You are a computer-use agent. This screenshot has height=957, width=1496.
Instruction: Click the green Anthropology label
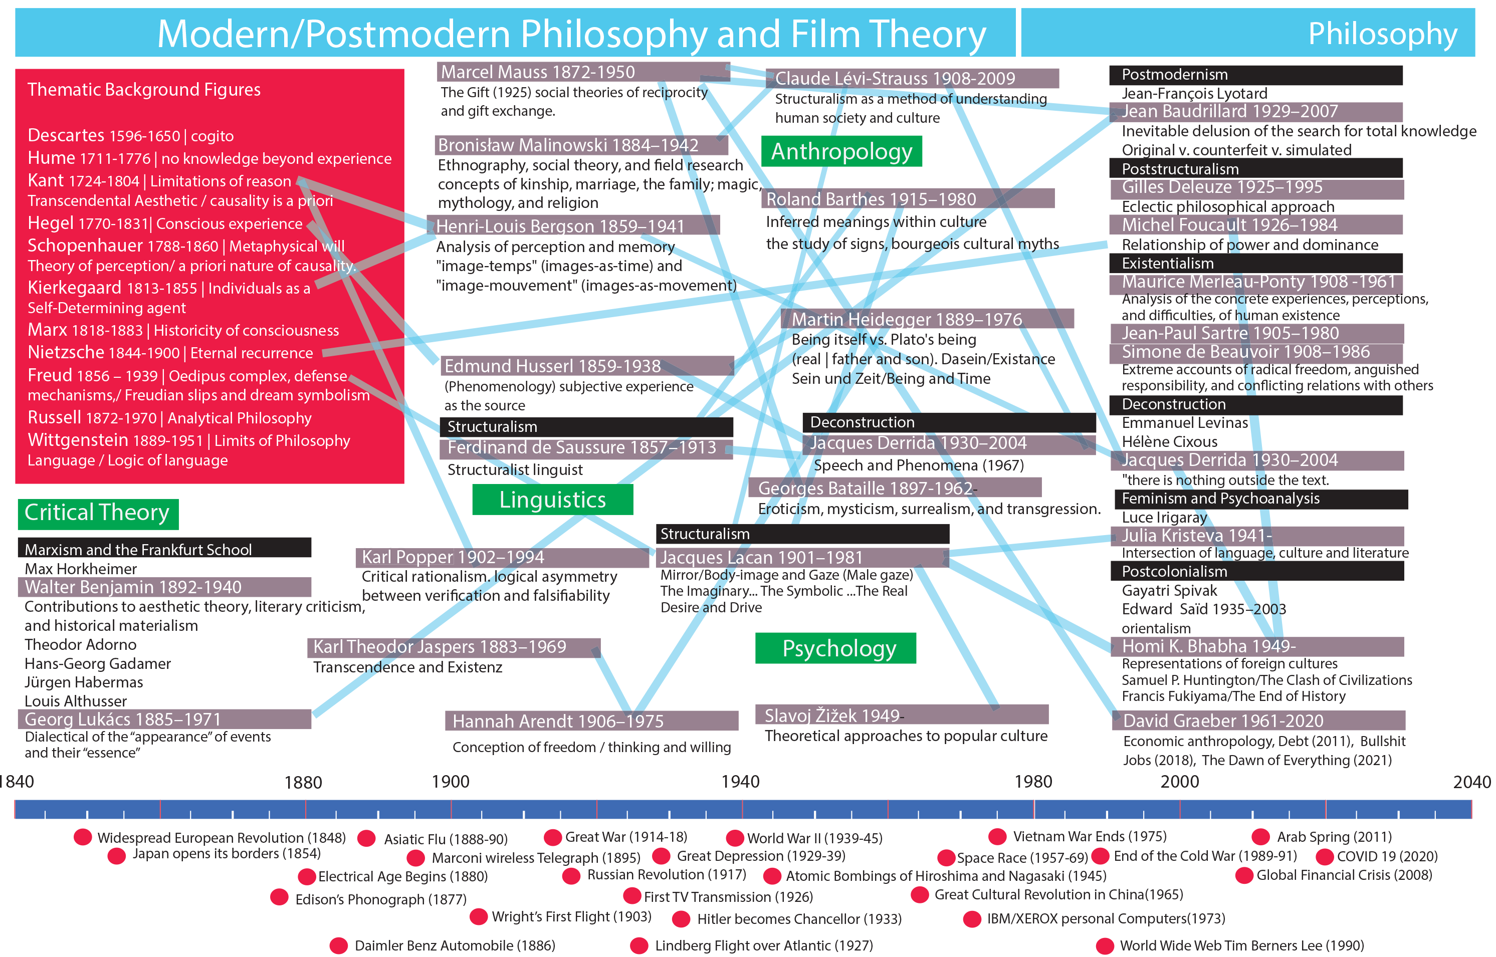pos(841,152)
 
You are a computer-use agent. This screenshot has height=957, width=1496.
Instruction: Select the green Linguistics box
pos(552,500)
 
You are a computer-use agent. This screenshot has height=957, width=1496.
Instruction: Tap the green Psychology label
pos(835,648)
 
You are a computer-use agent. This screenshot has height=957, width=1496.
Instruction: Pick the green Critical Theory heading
pos(98,513)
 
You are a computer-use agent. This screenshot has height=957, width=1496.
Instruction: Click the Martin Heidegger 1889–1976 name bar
pos(927,319)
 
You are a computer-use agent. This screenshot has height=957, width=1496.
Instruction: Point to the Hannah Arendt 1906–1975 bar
pos(591,721)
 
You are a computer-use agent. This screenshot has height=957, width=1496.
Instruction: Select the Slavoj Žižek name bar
pos(901,715)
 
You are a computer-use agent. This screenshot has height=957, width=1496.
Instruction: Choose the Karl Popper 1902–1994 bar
pos(502,557)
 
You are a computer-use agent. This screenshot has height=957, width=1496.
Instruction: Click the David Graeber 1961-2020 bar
pos(1258,720)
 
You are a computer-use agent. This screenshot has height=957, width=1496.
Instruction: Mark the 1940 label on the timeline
pos(740,782)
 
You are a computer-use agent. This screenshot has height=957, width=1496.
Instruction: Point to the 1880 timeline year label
pos(303,782)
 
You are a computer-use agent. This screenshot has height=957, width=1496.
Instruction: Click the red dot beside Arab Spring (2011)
pos(1260,836)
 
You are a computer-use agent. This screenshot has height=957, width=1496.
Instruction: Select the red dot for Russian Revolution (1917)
pos(571,876)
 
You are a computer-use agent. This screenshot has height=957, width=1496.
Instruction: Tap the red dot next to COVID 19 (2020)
pos(1325,856)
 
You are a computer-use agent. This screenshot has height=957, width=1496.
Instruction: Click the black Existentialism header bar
pos(1255,264)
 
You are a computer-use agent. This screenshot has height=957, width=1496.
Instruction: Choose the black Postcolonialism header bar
pos(1255,571)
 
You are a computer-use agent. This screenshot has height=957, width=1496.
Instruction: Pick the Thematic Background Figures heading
pos(143,90)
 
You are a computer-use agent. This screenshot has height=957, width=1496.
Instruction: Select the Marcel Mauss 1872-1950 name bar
pos(583,72)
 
